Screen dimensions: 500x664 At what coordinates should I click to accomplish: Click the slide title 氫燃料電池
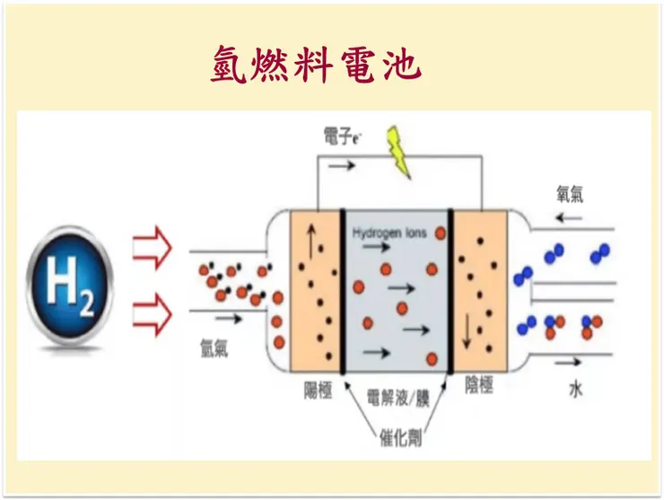click(316, 65)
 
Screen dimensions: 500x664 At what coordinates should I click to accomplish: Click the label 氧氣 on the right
click(572, 195)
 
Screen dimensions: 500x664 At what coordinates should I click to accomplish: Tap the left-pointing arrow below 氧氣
click(567, 218)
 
